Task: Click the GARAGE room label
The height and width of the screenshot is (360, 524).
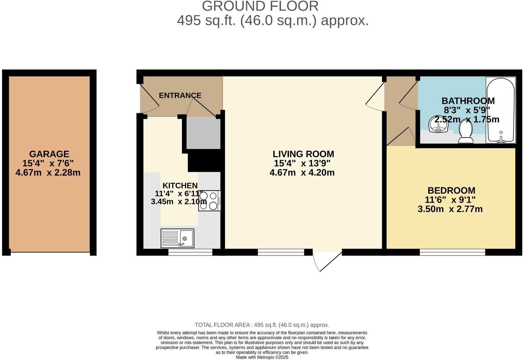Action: (49, 154)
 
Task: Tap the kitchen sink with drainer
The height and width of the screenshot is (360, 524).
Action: (177, 238)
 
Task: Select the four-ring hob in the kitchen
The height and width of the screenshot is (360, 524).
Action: (210, 201)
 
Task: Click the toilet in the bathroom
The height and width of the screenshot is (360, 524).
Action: (466, 132)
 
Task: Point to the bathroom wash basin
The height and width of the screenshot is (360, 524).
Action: (438, 125)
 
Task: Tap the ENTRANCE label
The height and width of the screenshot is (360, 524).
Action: (180, 95)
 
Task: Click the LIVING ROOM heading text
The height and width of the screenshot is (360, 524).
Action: (303, 154)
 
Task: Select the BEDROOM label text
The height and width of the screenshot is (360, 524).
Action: (451, 190)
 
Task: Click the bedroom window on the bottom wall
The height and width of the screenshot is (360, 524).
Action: (452, 252)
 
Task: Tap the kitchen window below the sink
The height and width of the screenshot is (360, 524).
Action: (190, 252)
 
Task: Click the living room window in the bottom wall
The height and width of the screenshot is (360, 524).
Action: (281, 252)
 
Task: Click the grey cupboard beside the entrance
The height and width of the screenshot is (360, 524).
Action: (203, 133)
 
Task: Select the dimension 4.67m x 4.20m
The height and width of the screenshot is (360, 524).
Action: (302, 173)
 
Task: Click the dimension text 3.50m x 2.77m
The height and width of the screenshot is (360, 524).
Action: (450, 209)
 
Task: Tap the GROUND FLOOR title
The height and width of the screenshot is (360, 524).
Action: (260, 6)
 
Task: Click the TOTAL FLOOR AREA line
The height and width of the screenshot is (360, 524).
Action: (262, 325)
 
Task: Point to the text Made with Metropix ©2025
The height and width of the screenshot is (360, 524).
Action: (262, 357)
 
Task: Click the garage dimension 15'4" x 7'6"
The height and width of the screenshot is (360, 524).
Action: (48, 163)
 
